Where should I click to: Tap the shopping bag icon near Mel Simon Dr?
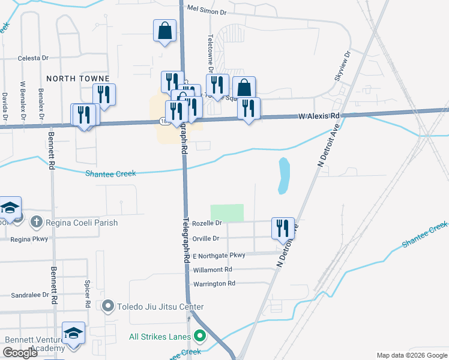pyautogui.click(x=164, y=30)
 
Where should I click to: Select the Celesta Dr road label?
pyautogui.click(x=33, y=58)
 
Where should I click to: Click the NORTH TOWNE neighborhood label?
pyautogui.click(x=78, y=79)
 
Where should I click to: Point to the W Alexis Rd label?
pyautogui.click(x=319, y=116)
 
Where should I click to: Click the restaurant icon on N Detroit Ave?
pyautogui.click(x=283, y=227)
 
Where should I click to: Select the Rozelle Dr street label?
pyautogui.click(x=207, y=223)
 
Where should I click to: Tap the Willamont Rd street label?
pyautogui.click(x=213, y=270)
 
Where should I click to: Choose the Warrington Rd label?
pyautogui.click(x=214, y=283)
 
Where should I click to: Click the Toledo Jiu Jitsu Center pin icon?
pyautogui.click(x=108, y=307)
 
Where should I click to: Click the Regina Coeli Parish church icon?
pyautogui.click(x=36, y=223)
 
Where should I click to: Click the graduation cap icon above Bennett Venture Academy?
pyautogui.click(x=73, y=332)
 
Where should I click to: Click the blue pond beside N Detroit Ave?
pyautogui.click(x=283, y=175)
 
